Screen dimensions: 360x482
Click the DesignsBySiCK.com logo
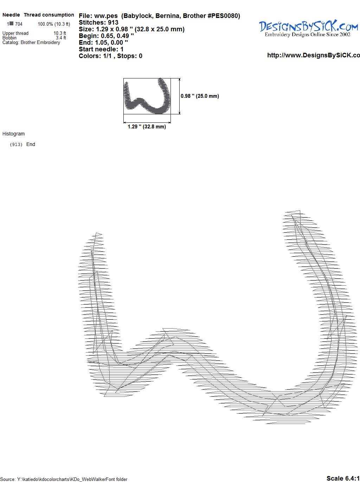(x=308, y=28)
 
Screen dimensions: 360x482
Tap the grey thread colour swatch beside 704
(x=12, y=24)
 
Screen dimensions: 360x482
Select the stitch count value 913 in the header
(x=113, y=23)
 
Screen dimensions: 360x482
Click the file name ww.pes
(x=106, y=16)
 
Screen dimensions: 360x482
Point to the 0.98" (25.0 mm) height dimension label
(x=200, y=96)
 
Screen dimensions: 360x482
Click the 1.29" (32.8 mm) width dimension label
(x=147, y=127)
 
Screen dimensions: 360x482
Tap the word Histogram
(x=13, y=134)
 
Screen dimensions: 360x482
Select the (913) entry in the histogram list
(x=16, y=145)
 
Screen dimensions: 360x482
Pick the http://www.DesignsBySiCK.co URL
(x=314, y=55)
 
